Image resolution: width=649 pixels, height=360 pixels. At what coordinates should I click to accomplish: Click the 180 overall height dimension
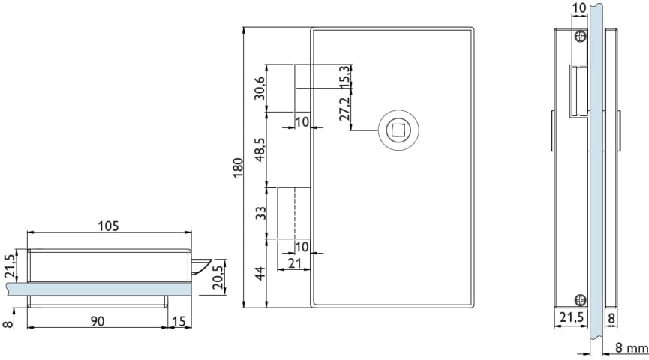(x=238, y=167)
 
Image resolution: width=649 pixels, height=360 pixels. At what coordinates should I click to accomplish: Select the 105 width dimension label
(x=109, y=226)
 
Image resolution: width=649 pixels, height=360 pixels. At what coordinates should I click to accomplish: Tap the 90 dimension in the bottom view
(x=98, y=321)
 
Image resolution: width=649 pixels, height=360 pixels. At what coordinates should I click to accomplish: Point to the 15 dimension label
(x=179, y=321)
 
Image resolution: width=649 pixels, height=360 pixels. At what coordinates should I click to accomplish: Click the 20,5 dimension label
(x=218, y=277)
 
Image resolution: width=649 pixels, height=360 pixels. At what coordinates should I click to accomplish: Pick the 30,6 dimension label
(x=260, y=88)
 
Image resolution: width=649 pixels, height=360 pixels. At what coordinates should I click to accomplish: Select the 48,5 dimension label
(x=260, y=149)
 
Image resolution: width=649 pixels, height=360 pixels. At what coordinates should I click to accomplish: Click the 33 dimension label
(x=260, y=214)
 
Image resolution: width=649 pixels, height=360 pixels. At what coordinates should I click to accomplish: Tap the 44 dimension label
(x=260, y=274)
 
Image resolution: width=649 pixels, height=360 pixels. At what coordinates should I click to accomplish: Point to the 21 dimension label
(x=294, y=262)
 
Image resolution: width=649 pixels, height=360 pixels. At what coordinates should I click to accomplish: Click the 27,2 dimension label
(x=345, y=108)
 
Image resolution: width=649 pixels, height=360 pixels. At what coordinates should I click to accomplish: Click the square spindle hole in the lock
(x=398, y=130)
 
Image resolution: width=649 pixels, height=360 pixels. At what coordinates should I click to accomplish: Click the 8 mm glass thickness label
(x=631, y=348)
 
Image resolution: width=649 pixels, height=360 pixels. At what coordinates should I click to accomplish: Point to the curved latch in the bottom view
(x=201, y=265)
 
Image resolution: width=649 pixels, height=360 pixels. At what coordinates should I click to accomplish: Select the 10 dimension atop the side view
(x=579, y=7)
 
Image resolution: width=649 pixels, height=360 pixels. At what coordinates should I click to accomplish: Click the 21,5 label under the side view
(x=571, y=317)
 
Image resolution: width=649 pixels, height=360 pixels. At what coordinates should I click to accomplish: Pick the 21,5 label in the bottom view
(x=10, y=265)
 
